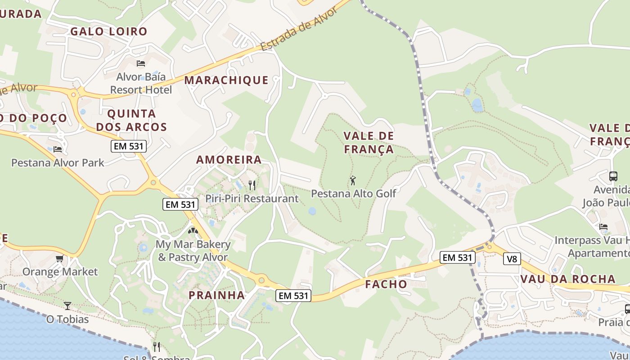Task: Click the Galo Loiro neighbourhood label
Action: click(x=109, y=31)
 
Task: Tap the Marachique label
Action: click(x=226, y=80)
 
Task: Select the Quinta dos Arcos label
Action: click(x=131, y=120)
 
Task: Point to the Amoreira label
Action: click(x=229, y=160)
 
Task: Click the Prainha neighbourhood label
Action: click(x=217, y=296)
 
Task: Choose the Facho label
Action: click(x=386, y=284)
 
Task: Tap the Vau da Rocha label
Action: click(x=568, y=279)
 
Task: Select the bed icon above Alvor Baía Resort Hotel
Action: click(x=141, y=63)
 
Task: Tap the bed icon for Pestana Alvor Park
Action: click(x=57, y=149)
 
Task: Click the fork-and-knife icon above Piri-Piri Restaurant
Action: click(x=252, y=185)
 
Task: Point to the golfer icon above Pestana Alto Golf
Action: click(x=353, y=180)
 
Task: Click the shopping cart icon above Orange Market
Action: click(x=59, y=258)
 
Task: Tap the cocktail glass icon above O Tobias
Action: click(x=67, y=306)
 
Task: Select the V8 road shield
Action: click(x=512, y=259)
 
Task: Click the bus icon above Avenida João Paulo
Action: click(x=613, y=176)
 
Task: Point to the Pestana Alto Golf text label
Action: click(x=354, y=193)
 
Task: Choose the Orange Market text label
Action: click(x=60, y=272)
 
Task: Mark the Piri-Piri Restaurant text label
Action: click(x=252, y=198)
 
